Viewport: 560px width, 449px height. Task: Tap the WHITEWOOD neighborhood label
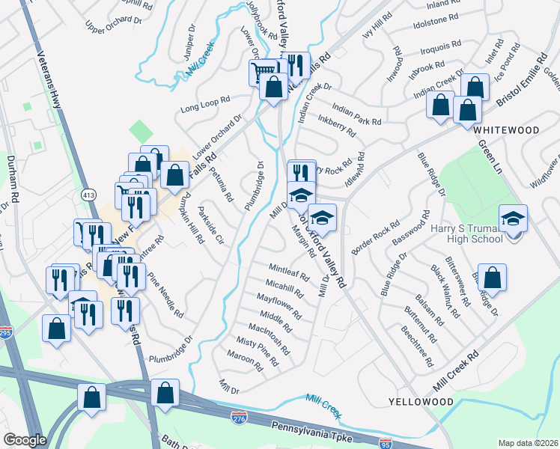[506, 130]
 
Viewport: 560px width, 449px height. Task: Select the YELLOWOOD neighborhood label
[421, 402]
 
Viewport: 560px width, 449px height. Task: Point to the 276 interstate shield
[240, 417]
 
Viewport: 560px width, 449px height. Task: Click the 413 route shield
[88, 194]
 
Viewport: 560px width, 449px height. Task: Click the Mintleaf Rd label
[289, 271]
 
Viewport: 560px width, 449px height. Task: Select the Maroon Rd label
[247, 363]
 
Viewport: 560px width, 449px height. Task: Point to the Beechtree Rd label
[417, 346]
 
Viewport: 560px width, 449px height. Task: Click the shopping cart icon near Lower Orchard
[263, 73]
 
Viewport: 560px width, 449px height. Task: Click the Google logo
[25, 440]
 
